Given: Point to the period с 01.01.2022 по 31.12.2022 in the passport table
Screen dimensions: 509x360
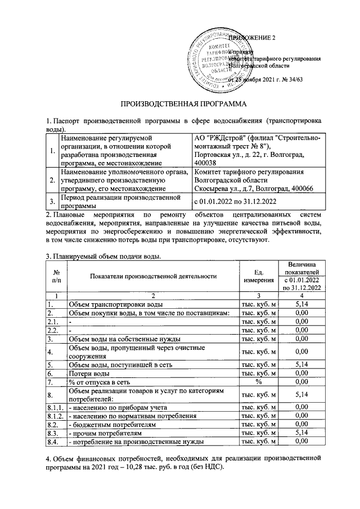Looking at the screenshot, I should (237, 201).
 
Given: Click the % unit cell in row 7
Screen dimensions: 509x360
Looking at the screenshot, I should (259, 382).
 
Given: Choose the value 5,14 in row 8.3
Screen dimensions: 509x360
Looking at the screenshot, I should (303, 434).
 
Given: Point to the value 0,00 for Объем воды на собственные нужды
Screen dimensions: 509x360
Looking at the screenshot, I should (303, 339).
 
